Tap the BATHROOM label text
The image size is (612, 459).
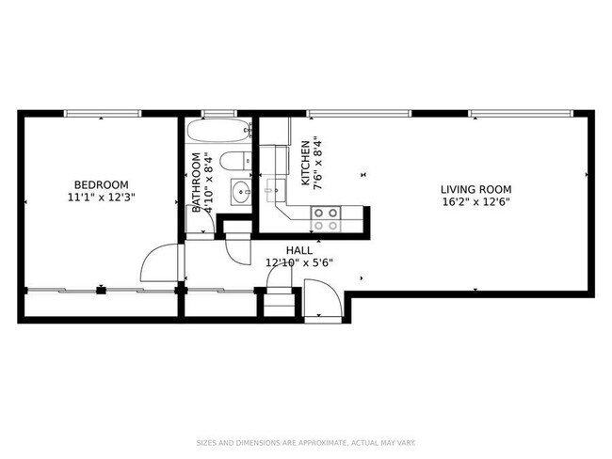(x=198, y=182)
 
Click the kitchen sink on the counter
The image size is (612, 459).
(x=274, y=189)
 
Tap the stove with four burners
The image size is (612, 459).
(x=326, y=219)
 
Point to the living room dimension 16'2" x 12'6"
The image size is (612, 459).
(x=475, y=201)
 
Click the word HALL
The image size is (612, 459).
(x=299, y=250)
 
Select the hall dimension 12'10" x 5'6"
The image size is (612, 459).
(x=299, y=263)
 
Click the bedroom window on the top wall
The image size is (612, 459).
(x=102, y=114)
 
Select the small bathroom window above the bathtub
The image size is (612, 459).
(x=218, y=114)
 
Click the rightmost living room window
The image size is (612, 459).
(x=520, y=114)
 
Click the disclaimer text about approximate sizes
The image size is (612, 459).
(x=305, y=442)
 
